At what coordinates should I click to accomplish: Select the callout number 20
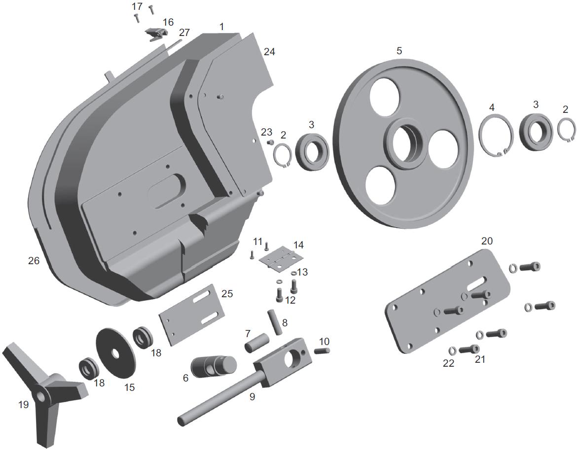pos(487,241)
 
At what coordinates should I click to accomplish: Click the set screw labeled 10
pos(322,350)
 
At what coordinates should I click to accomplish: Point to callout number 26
pos(34,260)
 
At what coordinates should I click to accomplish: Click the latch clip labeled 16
pos(156,34)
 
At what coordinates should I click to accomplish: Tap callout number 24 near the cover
pos(269,51)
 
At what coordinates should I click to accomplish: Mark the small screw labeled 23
pos(270,142)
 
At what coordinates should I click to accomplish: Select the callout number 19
pos(23,405)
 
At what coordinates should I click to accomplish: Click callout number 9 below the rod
pos(252,396)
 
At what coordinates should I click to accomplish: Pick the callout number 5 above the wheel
pos(399,50)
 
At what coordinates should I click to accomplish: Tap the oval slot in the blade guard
pos(167,188)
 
